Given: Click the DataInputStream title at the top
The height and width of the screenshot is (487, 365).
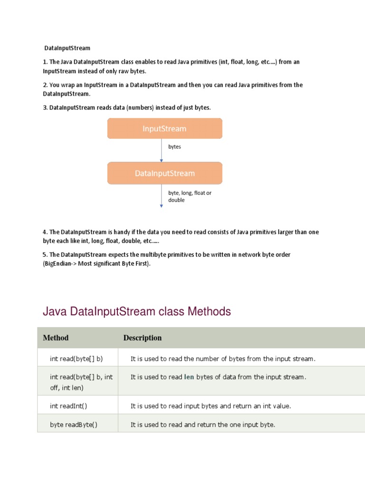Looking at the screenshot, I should pos(67,48).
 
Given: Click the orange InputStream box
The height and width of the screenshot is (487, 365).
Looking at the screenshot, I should pos(164,128).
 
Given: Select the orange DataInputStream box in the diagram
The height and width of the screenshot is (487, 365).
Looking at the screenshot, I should pos(164,173).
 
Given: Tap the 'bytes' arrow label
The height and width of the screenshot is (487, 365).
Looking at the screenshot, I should pos(174,147).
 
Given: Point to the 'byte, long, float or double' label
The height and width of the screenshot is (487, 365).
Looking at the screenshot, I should pos(190,196).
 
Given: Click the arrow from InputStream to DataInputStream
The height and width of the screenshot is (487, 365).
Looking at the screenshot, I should pos(162,150).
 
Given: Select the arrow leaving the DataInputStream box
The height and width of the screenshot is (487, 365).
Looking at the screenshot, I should pos(162,195).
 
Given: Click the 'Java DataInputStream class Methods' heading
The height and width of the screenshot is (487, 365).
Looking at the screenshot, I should pos(137,312).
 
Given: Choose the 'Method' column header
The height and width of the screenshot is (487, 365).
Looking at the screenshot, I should pos(56,338).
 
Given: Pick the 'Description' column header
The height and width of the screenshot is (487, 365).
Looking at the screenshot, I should pos(143,338).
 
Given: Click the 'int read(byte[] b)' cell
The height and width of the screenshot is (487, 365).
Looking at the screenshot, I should pos(77,359).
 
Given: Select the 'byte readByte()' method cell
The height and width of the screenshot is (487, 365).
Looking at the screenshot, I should pos(74,425).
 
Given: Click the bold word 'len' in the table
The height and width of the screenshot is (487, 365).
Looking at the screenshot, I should pos(189,377).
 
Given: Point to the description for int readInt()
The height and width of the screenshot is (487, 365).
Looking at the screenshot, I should pos(211,406).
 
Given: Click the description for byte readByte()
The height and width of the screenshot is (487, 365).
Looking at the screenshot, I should pos(203,425).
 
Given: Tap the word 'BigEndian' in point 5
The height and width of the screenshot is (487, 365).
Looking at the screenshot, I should pos(58,264).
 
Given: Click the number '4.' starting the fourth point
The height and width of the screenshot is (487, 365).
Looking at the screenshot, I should pos(45,232).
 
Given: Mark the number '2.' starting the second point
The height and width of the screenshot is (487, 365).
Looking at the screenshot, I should pos(45,85).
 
